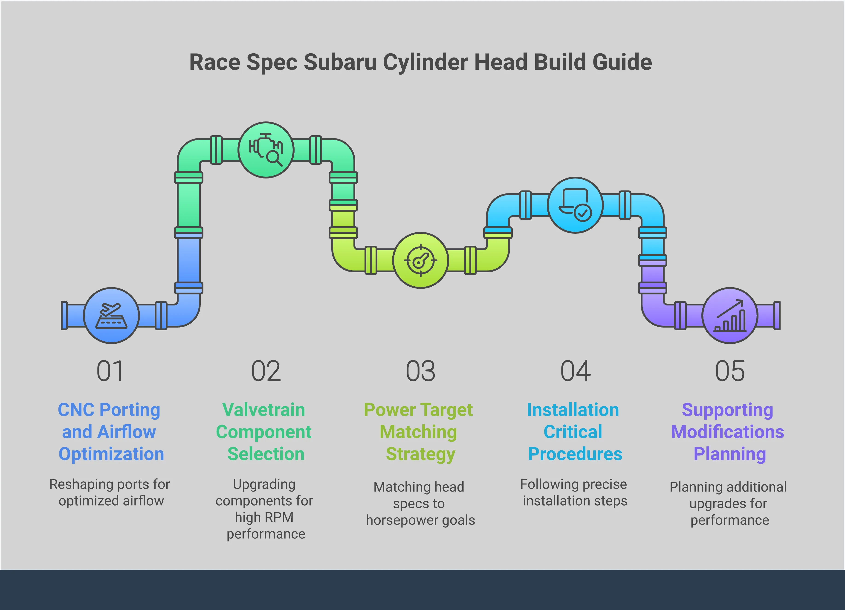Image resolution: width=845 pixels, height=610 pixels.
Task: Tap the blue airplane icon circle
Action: (111, 315)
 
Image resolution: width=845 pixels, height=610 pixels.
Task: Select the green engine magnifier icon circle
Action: (266, 150)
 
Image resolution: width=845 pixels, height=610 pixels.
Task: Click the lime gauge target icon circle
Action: (420, 260)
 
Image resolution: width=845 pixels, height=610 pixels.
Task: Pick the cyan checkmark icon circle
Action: (575, 205)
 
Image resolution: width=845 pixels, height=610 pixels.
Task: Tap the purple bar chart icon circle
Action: (729, 315)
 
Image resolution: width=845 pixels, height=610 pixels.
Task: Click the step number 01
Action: (110, 371)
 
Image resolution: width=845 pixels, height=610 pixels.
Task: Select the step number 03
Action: (420, 371)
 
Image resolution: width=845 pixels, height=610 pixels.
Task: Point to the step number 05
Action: (729, 371)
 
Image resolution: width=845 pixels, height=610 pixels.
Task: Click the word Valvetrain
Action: (263, 410)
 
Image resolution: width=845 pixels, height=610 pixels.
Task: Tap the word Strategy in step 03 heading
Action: (420, 454)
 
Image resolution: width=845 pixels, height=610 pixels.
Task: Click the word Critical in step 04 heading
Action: (573, 432)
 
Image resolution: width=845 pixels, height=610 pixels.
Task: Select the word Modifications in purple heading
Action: (727, 432)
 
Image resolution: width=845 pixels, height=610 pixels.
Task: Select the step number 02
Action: (266, 371)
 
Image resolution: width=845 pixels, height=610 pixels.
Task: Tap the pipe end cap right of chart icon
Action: (777, 315)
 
